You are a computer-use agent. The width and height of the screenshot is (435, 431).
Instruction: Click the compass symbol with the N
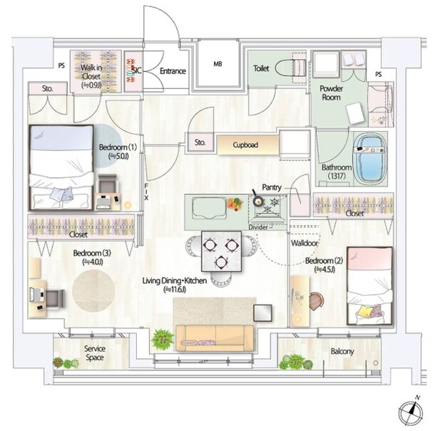coord(411,411)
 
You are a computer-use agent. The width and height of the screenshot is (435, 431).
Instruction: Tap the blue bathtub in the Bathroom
coord(370,160)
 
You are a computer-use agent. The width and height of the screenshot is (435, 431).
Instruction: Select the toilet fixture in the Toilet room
coord(291,67)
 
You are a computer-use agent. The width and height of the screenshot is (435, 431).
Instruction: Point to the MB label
coord(217,64)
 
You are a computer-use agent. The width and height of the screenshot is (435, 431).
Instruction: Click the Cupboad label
coord(245,145)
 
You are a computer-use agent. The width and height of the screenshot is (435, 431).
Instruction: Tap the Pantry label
coord(272,187)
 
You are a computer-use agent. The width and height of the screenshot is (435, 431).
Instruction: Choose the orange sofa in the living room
coord(215,338)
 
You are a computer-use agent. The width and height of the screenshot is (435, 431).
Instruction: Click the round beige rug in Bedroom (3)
coord(93,291)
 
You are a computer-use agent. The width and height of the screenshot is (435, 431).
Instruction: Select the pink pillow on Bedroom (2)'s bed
coord(369,258)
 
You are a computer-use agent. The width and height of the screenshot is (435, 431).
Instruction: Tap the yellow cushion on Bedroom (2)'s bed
coord(364,311)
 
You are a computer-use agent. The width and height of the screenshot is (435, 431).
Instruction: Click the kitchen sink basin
coord(209,207)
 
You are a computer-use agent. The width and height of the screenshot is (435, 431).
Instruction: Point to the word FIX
coord(146,192)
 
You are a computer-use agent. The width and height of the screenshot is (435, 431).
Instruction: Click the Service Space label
coord(95,353)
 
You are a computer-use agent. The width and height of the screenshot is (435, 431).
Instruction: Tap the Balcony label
coord(342,351)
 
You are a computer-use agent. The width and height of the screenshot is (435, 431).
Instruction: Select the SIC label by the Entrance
coord(136,71)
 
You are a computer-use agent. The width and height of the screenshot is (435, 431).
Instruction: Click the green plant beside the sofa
coord(163,338)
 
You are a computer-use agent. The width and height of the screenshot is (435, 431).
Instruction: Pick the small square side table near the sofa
coord(262,313)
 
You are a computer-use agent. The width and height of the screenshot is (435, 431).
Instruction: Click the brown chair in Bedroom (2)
coord(317,301)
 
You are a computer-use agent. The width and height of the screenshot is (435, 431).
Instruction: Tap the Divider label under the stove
coord(258,227)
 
